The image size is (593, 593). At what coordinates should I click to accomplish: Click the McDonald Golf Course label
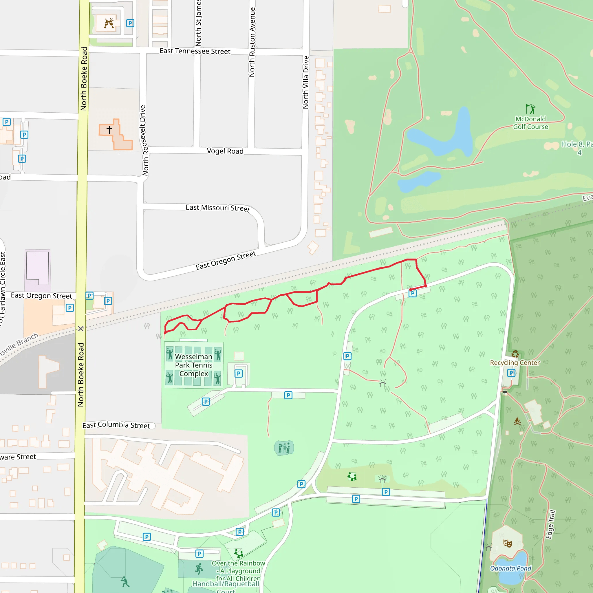[530, 123]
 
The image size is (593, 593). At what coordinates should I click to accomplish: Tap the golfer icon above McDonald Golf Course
[530, 109]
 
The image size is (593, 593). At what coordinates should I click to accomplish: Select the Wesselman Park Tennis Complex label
[194, 365]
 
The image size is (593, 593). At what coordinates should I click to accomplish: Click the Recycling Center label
[515, 363]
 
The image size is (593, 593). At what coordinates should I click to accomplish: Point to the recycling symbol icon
[515, 354]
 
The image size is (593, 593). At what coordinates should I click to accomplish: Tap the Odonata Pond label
[511, 568]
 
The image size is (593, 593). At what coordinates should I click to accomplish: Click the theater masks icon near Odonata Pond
[508, 543]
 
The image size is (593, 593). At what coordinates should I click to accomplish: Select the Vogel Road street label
[225, 151]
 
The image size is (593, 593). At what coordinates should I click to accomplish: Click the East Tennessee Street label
[195, 51]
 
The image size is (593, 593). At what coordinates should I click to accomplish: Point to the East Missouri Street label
[218, 208]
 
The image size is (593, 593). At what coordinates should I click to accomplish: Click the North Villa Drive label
[306, 82]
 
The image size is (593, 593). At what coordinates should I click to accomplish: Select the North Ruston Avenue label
[252, 42]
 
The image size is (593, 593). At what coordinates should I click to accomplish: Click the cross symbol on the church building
[109, 129]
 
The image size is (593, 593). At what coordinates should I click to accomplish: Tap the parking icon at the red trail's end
[413, 293]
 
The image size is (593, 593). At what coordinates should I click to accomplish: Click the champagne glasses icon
[109, 23]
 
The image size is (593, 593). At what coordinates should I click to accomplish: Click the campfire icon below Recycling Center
[517, 421]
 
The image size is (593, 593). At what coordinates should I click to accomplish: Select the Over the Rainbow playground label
[238, 571]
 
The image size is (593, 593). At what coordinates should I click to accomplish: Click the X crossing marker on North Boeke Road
[81, 329]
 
